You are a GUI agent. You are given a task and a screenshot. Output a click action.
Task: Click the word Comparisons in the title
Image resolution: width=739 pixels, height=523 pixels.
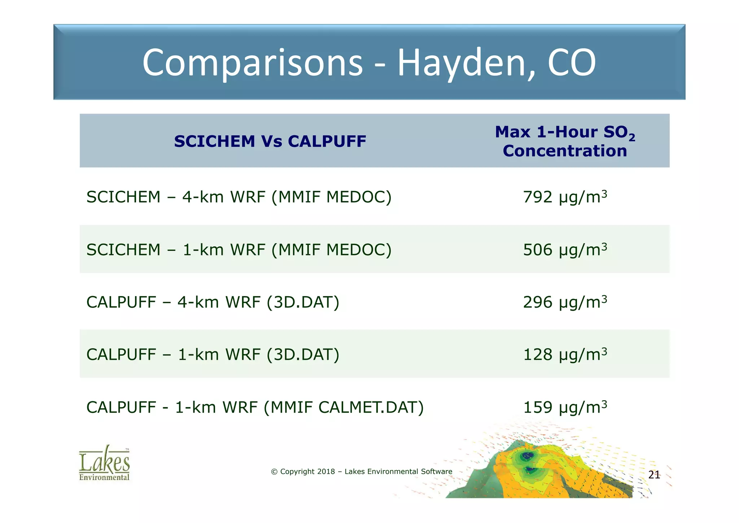click(x=252, y=63)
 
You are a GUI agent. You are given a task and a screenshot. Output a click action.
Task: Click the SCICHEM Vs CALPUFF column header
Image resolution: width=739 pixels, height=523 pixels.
click(x=270, y=141)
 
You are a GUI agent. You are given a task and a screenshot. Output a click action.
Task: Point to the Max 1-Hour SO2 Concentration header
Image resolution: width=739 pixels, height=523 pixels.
click(x=565, y=141)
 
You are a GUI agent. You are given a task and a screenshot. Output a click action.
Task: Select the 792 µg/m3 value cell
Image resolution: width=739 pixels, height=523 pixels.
click(x=565, y=197)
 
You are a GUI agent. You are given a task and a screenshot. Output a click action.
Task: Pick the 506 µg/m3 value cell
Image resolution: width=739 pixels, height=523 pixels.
click(x=565, y=250)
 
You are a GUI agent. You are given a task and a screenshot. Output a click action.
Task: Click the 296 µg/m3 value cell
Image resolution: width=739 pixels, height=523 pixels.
click(x=565, y=302)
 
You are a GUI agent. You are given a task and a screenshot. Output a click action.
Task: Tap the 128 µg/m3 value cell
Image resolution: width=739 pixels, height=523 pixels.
click(x=565, y=354)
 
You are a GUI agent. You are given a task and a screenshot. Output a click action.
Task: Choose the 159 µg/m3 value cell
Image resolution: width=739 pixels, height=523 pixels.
click(x=565, y=407)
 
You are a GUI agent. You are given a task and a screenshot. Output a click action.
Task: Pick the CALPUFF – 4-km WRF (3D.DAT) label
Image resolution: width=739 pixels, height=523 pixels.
click(x=213, y=302)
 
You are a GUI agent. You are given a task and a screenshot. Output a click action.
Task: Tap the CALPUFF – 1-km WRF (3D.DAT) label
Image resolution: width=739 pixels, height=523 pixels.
click(x=213, y=354)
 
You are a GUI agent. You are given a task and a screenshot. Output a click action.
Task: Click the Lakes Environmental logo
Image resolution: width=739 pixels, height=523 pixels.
click(x=104, y=463)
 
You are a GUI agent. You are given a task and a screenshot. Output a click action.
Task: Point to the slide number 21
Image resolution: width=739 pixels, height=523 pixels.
click(x=654, y=475)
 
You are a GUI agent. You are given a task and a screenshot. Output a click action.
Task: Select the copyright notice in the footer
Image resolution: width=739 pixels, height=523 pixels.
click(x=362, y=471)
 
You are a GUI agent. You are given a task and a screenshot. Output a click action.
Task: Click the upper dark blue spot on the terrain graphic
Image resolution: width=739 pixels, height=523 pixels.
click(x=526, y=456)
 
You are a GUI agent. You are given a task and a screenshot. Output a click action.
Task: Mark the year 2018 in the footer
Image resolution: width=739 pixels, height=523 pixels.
click(x=326, y=471)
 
